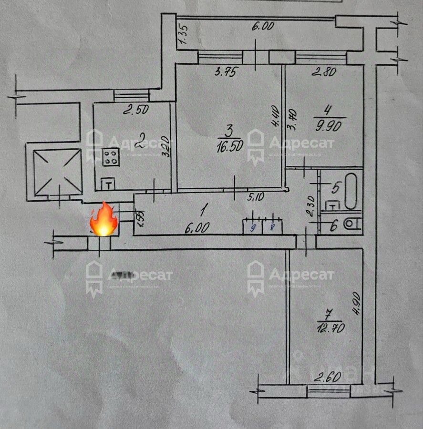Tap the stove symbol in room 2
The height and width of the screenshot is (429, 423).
coord(111,158)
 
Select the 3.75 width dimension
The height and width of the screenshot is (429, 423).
coord(226,72)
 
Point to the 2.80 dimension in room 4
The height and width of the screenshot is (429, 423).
coord(324,72)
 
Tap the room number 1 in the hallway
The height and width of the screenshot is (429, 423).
coord(205,208)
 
